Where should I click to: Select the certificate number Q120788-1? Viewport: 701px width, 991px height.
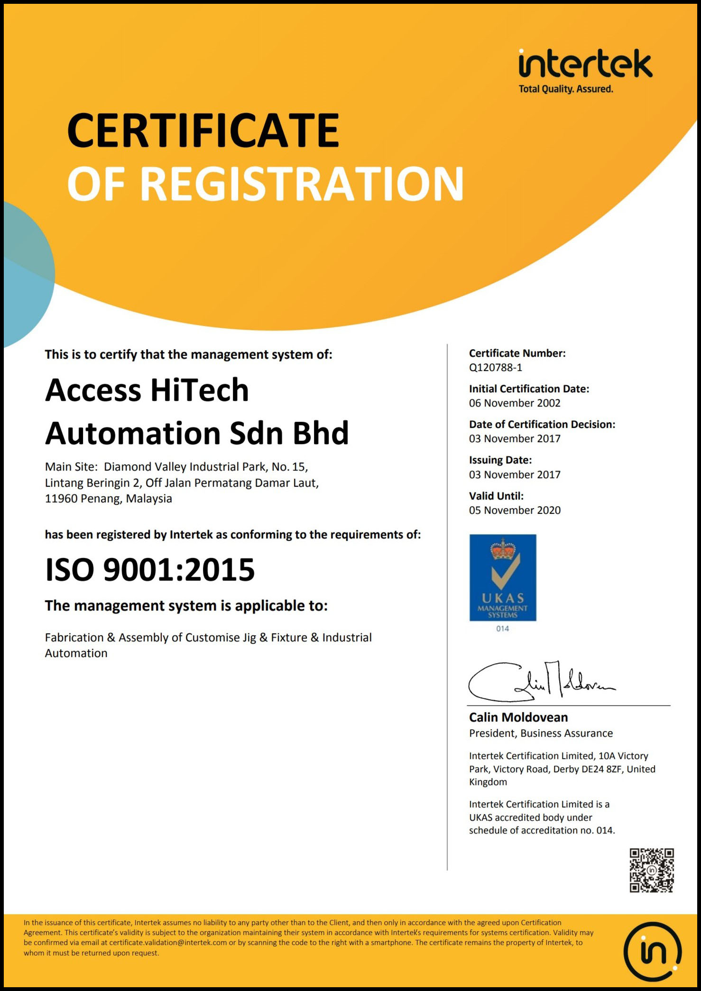pyautogui.click(x=495, y=367)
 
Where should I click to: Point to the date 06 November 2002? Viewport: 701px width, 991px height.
pyautogui.click(x=515, y=403)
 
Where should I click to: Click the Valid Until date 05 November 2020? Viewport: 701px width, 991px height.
pyautogui.click(x=515, y=510)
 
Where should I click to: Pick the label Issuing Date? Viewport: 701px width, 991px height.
pyautogui.click(x=500, y=460)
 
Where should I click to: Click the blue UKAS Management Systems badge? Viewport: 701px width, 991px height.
pyautogui.click(x=503, y=577)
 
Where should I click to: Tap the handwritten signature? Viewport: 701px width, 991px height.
pyautogui.click(x=541, y=681)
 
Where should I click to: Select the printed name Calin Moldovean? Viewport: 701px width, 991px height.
pyautogui.click(x=518, y=717)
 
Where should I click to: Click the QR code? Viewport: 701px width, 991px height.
pyautogui.click(x=651, y=871)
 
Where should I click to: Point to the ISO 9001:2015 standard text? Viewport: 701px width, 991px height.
pyautogui.click(x=150, y=569)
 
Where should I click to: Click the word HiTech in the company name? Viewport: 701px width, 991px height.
pyautogui.click(x=199, y=390)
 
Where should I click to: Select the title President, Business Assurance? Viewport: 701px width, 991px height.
pyautogui.click(x=541, y=733)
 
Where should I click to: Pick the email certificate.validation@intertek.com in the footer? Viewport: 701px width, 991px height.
pyautogui.click(x=168, y=943)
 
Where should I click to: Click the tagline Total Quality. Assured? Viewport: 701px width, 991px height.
pyautogui.click(x=565, y=89)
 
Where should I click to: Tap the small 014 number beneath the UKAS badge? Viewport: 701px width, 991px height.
pyautogui.click(x=502, y=629)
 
